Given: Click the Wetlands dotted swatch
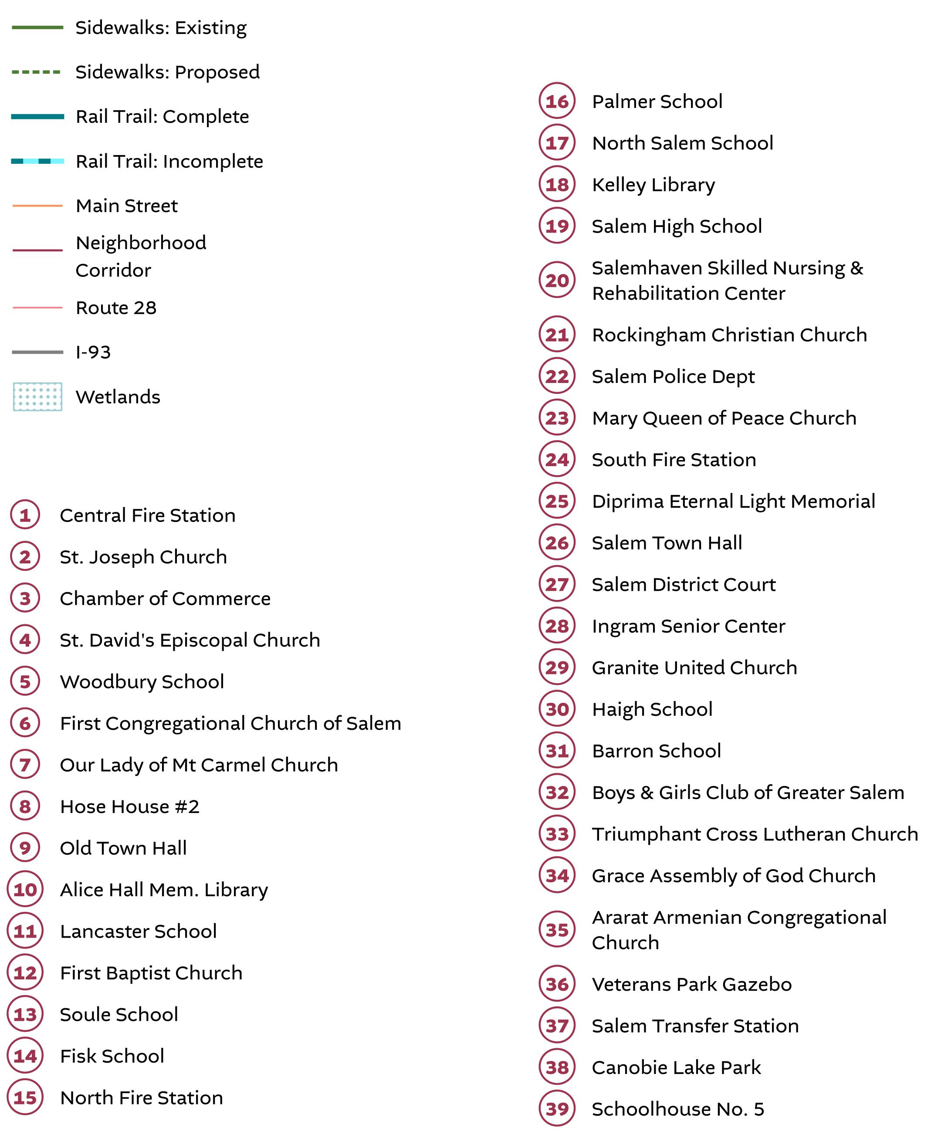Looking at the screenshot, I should tap(37, 396).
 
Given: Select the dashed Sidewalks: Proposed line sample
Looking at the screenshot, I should tap(36, 72).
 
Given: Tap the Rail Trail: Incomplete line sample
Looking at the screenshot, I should tap(37, 161).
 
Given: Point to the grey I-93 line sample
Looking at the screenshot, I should tap(37, 352).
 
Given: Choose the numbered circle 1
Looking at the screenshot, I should tap(25, 515).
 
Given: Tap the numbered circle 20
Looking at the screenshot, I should tap(557, 280).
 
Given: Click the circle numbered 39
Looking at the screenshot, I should tap(557, 1109).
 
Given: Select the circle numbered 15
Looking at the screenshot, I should tap(25, 1097).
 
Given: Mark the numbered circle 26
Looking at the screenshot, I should tap(557, 542).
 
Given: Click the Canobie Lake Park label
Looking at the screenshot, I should tap(676, 1067).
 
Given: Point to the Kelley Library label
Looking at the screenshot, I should tap(653, 185).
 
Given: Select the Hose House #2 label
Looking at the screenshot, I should tap(129, 806).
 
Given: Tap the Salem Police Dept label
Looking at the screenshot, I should tap(673, 376).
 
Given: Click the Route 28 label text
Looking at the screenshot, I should tap(116, 308).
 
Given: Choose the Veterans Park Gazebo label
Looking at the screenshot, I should tap(691, 984).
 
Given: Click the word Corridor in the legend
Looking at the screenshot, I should tap(113, 270).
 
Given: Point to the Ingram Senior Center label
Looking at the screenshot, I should tap(688, 626).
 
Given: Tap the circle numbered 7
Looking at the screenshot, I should tap(25, 765).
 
